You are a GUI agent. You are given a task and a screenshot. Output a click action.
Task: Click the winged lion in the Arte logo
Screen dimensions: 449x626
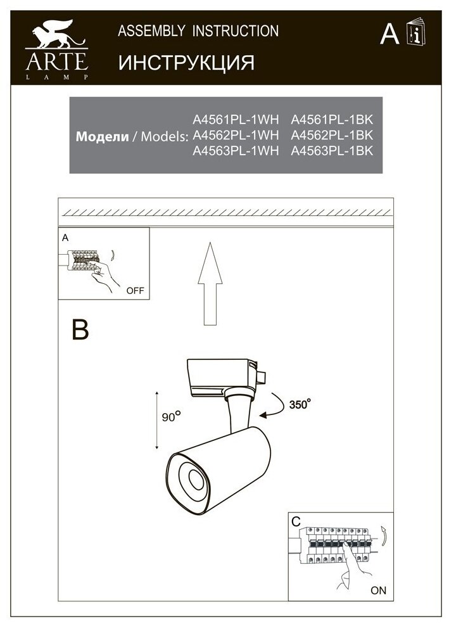point(56,34)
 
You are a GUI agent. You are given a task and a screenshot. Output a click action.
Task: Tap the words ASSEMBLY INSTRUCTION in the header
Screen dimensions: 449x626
point(198,31)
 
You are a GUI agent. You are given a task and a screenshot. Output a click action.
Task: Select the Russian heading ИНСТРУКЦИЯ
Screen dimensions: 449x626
point(186,63)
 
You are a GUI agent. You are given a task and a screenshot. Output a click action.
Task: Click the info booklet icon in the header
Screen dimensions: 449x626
point(416,32)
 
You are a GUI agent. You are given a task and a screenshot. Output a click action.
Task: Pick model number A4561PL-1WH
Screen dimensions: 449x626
point(236,119)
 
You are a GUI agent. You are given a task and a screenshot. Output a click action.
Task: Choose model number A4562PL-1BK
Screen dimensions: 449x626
point(332,135)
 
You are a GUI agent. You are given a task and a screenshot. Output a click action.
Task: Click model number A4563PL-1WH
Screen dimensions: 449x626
point(236,151)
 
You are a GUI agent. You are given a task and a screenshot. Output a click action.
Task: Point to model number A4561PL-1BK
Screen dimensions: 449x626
point(332,119)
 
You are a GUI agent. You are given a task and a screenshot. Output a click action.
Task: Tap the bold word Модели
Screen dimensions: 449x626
point(103,136)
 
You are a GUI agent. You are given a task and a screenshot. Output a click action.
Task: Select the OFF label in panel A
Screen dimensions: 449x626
point(135,291)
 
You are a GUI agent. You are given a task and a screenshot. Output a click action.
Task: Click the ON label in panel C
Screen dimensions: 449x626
point(378,590)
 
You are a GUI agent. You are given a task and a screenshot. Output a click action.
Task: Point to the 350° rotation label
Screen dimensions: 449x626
point(300,404)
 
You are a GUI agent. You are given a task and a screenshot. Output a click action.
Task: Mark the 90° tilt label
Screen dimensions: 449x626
point(171,416)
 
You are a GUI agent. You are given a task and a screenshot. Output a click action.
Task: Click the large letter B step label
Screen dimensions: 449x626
point(80,329)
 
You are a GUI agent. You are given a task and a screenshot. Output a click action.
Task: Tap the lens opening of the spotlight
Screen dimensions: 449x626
point(196,480)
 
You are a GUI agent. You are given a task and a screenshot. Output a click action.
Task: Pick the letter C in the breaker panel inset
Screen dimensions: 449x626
point(296,521)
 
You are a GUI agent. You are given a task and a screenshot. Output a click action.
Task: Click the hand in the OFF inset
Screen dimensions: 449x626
point(104,275)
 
